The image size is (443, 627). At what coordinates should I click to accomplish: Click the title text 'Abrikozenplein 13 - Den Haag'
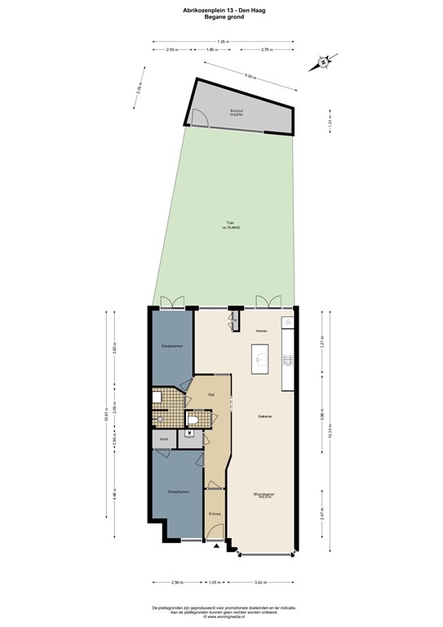click(220, 11)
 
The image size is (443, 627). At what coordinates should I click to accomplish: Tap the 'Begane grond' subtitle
click(220, 17)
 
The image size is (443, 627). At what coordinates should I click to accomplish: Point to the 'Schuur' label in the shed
click(237, 111)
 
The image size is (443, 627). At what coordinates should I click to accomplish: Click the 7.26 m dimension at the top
click(221, 42)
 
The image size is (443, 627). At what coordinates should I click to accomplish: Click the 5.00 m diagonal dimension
click(249, 78)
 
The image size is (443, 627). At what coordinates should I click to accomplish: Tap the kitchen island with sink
click(262, 357)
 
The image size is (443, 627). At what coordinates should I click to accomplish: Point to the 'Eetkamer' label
click(264, 416)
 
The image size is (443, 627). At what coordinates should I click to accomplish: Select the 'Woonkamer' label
click(263, 494)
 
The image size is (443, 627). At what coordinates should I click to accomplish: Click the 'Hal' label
click(210, 394)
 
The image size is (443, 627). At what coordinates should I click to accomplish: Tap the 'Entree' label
click(215, 514)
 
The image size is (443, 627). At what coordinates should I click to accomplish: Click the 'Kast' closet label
click(164, 439)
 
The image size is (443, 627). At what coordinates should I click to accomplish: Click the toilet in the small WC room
click(194, 418)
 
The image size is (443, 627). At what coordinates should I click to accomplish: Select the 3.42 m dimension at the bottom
click(259, 582)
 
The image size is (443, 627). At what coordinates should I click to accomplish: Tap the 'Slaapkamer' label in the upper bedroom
click(171, 346)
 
